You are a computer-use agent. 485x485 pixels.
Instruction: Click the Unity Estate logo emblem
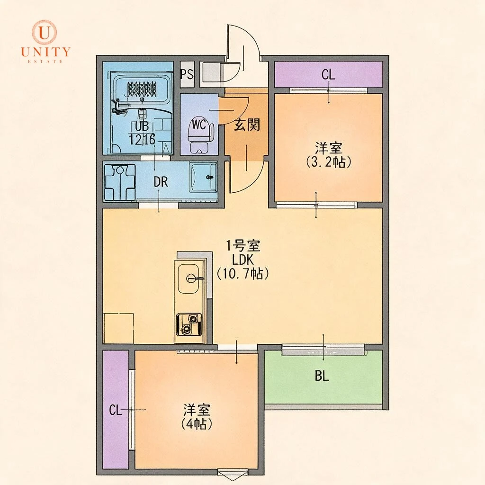coord(45,32)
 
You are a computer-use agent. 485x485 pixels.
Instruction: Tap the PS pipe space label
coord(187,74)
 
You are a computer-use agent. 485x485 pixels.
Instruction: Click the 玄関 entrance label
coord(246,125)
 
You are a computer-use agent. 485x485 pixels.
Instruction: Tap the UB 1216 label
coord(142,134)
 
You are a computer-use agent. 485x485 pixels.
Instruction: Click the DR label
coord(161,182)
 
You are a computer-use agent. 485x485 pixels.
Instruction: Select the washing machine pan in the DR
coord(120,182)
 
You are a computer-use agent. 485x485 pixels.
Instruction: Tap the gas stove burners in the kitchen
coord(189,324)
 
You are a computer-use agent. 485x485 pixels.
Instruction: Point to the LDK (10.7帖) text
coord(242,267)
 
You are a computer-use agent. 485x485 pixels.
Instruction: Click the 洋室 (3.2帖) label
coord(329,155)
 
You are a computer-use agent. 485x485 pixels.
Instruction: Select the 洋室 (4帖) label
coord(197,417)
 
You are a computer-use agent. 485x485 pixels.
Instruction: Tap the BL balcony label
coord(322,377)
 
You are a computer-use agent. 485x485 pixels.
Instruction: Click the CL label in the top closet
coord(328,74)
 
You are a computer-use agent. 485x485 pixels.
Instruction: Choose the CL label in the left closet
coord(116,411)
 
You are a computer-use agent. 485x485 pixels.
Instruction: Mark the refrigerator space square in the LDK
coord(118,328)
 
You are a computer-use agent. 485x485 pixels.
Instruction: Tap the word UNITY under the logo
coord(46,52)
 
